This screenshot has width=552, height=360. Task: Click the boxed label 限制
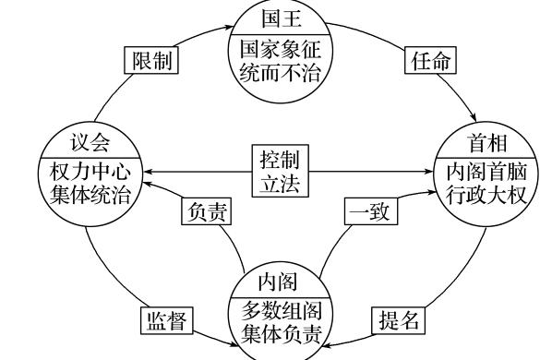[150, 62]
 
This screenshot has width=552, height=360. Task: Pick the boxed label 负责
[204, 211]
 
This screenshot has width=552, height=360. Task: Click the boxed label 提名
[399, 320]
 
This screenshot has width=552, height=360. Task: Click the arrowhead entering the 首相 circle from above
[474, 119]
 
